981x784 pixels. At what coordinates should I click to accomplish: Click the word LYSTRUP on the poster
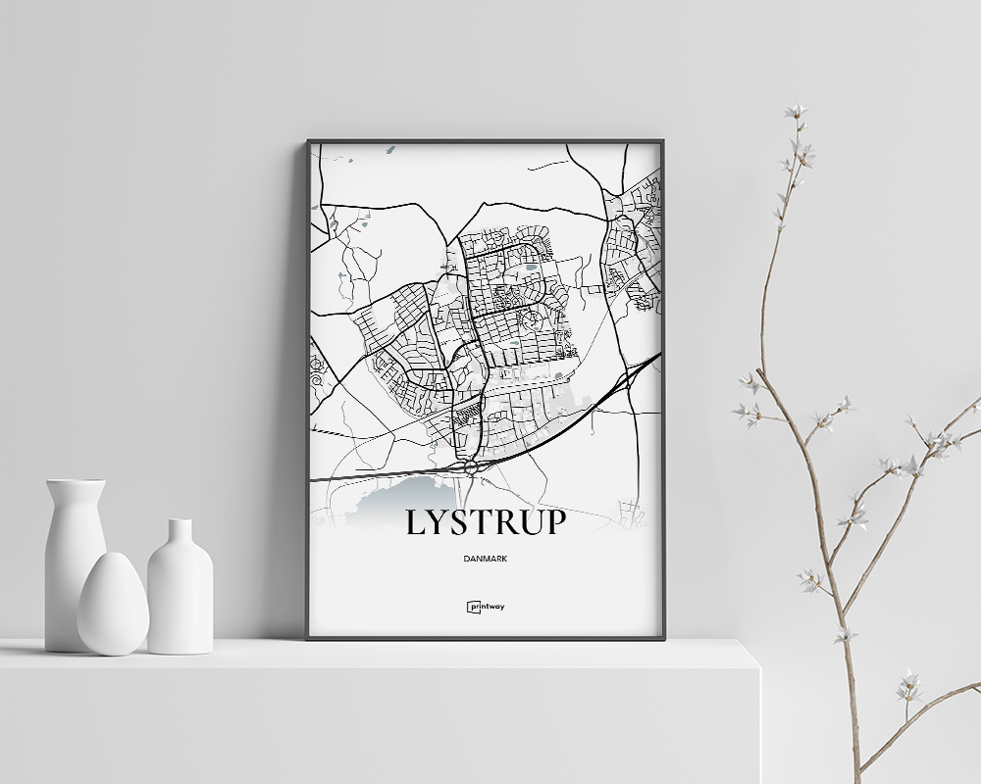[x=486, y=522]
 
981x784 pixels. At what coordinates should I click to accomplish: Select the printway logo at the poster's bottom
[x=486, y=606]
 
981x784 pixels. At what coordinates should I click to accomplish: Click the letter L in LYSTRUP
[x=416, y=522]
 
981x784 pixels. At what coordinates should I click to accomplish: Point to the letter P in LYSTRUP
[x=554, y=522]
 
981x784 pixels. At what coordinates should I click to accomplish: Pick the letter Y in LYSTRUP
[x=439, y=522]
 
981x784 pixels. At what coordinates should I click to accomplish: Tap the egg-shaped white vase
[x=113, y=605]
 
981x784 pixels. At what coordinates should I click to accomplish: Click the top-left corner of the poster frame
[x=309, y=142]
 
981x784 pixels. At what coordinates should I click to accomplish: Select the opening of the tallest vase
[x=76, y=481]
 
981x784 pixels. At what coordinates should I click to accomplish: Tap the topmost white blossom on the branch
[x=796, y=112]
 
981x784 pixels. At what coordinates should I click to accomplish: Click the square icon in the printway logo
[x=472, y=606]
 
